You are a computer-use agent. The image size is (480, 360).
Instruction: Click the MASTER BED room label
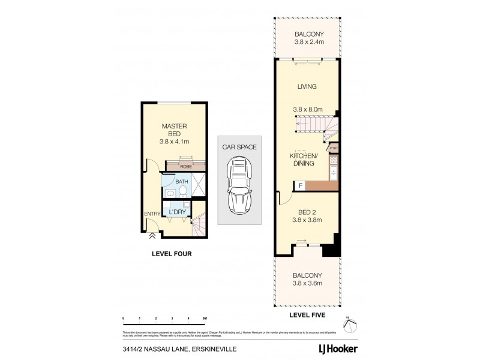175,130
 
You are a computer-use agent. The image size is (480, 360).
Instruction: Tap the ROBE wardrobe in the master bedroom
185,167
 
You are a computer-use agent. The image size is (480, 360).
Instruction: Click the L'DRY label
176,212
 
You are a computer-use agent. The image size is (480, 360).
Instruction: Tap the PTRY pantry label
334,148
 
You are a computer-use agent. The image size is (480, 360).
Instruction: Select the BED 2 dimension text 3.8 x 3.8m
308,220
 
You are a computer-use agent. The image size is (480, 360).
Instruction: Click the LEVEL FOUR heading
171,254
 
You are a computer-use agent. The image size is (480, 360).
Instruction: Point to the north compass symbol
350,323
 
